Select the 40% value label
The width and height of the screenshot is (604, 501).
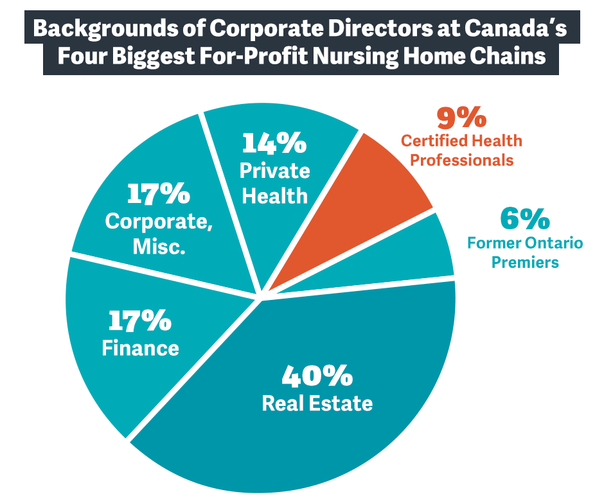click(317, 376)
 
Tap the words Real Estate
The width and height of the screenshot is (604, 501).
click(317, 403)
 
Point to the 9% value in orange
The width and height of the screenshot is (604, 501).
click(461, 118)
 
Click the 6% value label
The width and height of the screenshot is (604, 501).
click(524, 220)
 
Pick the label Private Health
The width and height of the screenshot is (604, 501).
click(274, 183)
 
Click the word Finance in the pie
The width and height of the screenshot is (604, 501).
click(140, 347)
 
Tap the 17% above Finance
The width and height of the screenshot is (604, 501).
click(139, 320)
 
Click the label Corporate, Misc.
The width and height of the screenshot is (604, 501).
click(159, 234)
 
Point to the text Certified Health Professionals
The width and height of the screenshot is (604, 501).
click(461, 150)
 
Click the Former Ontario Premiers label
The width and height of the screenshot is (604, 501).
click(525, 252)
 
